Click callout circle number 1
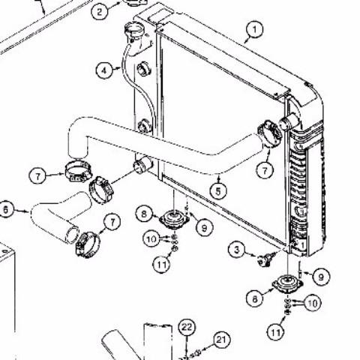click(x=254, y=30)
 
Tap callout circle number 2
click(x=100, y=11)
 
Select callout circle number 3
click(x=237, y=250)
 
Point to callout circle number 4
click(x=104, y=70)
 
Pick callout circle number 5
click(x=218, y=191)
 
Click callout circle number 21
click(x=221, y=340)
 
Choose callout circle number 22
click(x=187, y=327)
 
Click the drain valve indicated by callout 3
click(x=265, y=260)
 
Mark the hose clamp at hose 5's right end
click(x=269, y=133)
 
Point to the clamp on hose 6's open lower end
click(x=88, y=244)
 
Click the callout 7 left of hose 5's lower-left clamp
click(x=37, y=176)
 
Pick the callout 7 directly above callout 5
click(x=265, y=170)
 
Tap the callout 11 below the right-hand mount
click(x=276, y=332)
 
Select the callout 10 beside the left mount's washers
click(x=151, y=239)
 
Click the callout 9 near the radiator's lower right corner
click(x=321, y=277)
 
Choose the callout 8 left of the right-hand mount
click(x=255, y=298)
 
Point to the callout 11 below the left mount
click(x=161, y=264)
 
